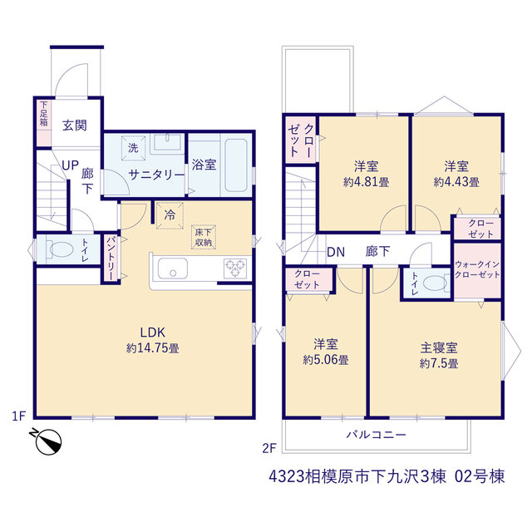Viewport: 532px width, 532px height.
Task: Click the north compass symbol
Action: (48, 441)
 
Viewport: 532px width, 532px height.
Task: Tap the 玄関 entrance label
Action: (75, 126)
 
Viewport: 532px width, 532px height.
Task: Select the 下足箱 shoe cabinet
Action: (44, 122)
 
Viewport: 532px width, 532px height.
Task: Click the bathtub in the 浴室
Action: (236, 165)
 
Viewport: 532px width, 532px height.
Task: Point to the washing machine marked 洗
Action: (133, 148)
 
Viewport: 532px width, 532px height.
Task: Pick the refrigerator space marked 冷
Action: (170, 215)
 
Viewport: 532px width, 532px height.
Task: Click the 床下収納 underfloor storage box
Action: (203, 237)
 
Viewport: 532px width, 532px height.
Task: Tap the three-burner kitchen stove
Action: (235, 268)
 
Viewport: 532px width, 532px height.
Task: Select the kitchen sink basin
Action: (173, 268)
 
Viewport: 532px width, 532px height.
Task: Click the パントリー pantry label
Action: (111, 259)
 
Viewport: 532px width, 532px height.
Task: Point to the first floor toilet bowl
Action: (62, 249)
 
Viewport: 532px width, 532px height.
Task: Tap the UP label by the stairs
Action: (70, 165)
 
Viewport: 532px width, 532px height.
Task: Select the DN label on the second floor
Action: (336, 252)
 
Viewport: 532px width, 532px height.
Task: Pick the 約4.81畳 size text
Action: (366, 182)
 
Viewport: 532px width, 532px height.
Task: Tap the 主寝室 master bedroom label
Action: (439, 347)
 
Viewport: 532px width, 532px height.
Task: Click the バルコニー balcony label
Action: (376, 435)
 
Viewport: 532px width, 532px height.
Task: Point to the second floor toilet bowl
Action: (435, 283)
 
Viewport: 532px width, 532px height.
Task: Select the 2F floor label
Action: (269, 449)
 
